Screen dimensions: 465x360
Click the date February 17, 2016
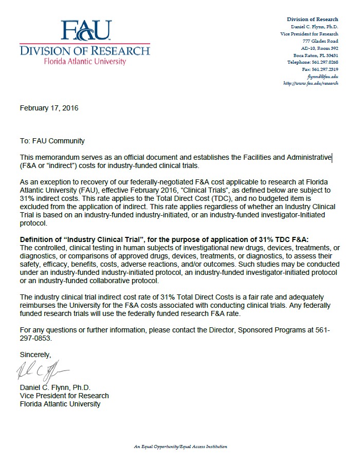pos(49,108)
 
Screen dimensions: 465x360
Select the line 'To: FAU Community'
pos(52,141)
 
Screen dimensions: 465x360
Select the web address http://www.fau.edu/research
pos(311,83)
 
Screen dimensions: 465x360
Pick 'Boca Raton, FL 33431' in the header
pos(316,55)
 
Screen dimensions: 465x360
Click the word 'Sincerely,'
pos(35,355)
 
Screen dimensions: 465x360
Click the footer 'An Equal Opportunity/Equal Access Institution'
pos(181,447)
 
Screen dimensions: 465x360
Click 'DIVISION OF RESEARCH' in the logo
pos(85,50)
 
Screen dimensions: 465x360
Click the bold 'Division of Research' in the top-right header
pos(312,20)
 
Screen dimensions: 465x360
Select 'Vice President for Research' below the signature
pos(64,396)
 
